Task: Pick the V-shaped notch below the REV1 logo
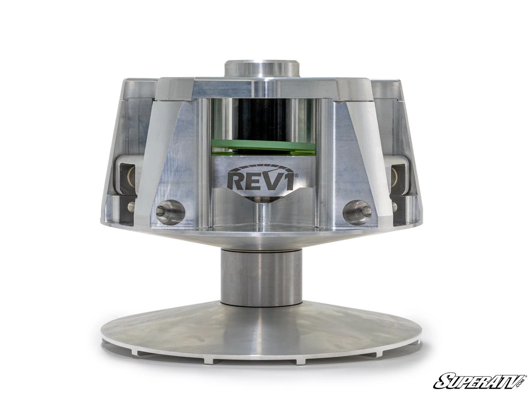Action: (262, 199)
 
